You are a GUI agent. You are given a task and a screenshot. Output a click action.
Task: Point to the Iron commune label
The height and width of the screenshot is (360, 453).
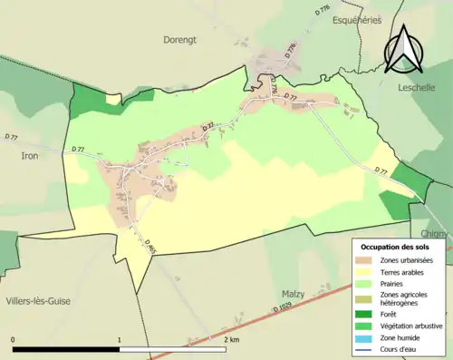pos(29,155)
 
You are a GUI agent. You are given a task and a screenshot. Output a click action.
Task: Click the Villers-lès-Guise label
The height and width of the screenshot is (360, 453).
pos(37,299)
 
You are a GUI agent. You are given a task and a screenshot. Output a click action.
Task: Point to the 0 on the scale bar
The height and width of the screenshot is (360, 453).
pos(14,339)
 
